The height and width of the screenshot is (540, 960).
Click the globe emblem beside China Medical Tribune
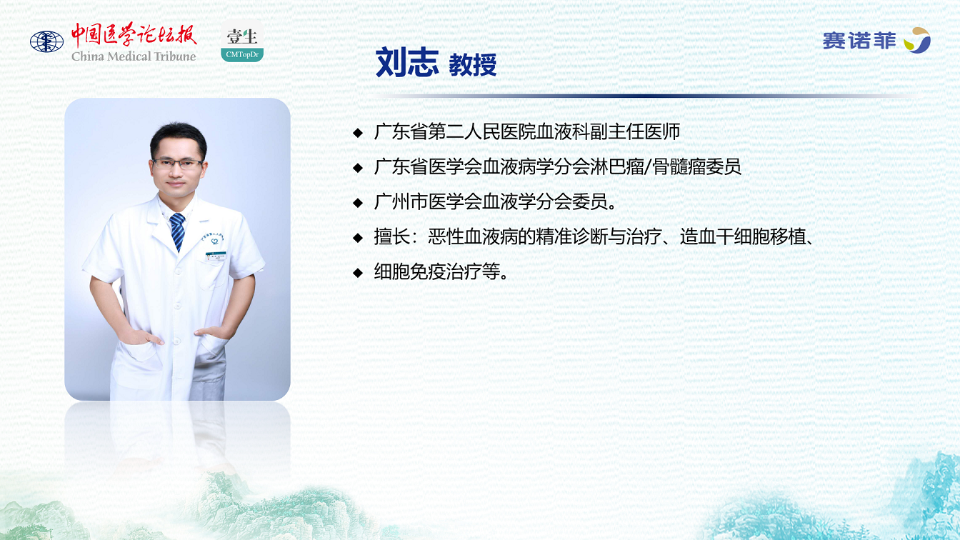tap(46, 41)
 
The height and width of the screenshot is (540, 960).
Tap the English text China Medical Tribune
tap(134, 56)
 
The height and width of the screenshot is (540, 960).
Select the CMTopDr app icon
tap(242, 41)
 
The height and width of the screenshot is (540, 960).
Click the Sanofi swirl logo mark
tap(917, 40)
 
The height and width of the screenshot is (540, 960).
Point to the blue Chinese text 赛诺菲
tap(859, 41)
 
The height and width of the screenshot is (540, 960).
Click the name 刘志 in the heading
tap(407, 63)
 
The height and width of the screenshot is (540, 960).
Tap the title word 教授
tap(473, 65)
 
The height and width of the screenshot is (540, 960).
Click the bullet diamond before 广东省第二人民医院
tap(358, 132)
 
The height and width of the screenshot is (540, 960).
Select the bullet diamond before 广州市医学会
tap(358, 203)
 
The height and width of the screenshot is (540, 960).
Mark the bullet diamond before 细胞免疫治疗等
tap(358, 273)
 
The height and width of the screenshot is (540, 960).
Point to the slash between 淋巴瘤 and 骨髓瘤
tap(649, 166)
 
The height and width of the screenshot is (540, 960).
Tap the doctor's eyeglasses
tap(177, 164)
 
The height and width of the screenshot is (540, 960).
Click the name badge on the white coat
tap(216, 256)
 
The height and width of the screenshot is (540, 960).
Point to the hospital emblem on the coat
tap(214, 241)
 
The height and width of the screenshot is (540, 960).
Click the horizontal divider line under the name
tap(643, 96)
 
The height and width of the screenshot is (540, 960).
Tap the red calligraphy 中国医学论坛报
tap(134, 35)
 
